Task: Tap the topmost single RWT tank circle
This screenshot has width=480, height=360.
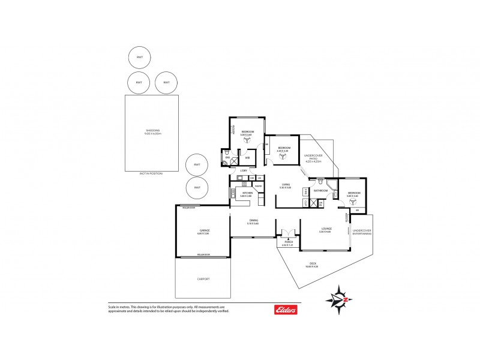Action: [139, 58]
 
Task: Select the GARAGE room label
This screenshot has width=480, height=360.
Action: [204, 230]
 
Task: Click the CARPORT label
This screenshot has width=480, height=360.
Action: [203, 279]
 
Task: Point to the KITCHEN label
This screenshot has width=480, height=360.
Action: [247, 193]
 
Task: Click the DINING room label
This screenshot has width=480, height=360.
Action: [253, 221]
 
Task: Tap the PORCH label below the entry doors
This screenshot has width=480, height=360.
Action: [288, 242]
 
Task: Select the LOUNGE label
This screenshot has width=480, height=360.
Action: [326, 229]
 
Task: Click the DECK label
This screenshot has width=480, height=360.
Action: [313, 263]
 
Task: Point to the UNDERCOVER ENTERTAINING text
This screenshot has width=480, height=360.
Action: [362, 232]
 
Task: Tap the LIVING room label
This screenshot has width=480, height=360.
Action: [286, 185]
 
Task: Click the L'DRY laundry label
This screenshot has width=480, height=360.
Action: [242, 171]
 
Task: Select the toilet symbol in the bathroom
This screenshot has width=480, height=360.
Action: [322, 181]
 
